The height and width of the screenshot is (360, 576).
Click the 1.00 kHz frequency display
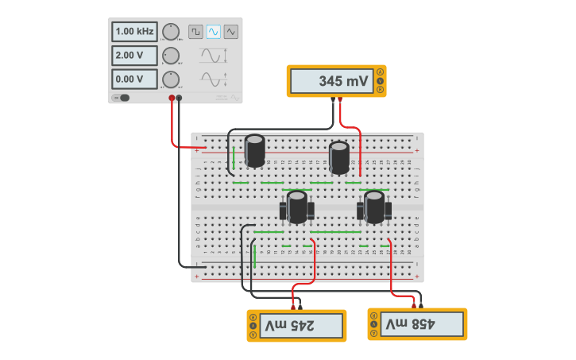point(134,32)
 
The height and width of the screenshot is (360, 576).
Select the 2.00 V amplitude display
point(134,56)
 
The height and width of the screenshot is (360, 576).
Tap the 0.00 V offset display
point(134,79)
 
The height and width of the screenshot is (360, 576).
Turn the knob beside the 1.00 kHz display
point(171,32)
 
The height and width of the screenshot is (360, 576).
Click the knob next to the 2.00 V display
point(171,56)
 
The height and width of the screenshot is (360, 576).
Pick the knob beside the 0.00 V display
point(171,79)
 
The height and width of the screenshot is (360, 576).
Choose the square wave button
point(195,32)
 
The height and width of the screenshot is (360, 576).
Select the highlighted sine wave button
point(213,32)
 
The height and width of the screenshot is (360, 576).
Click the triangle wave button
point(231,32)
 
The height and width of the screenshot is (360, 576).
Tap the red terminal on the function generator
point(172,99)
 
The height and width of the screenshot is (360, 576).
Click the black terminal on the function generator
point(179,99)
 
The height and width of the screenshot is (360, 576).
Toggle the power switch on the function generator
point(122,98)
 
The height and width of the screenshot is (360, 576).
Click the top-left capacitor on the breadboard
point(255,150)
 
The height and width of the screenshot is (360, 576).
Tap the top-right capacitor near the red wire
point(339,157)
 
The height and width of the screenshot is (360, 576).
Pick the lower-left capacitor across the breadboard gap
point(297,207)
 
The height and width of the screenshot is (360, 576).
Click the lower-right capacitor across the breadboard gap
point(374,207)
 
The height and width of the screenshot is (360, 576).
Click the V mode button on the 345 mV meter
point(381,81)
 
